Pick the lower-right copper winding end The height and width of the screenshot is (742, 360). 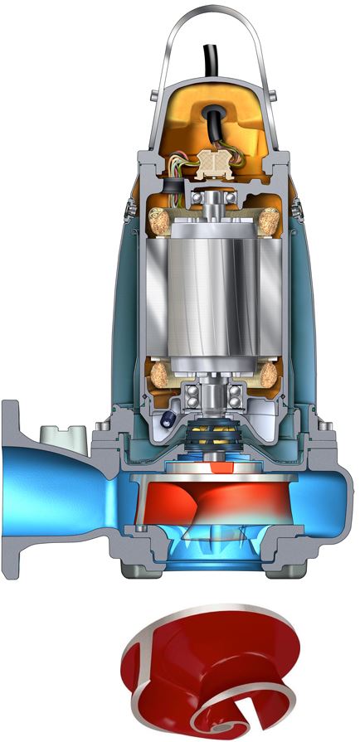tap(270, 375)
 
